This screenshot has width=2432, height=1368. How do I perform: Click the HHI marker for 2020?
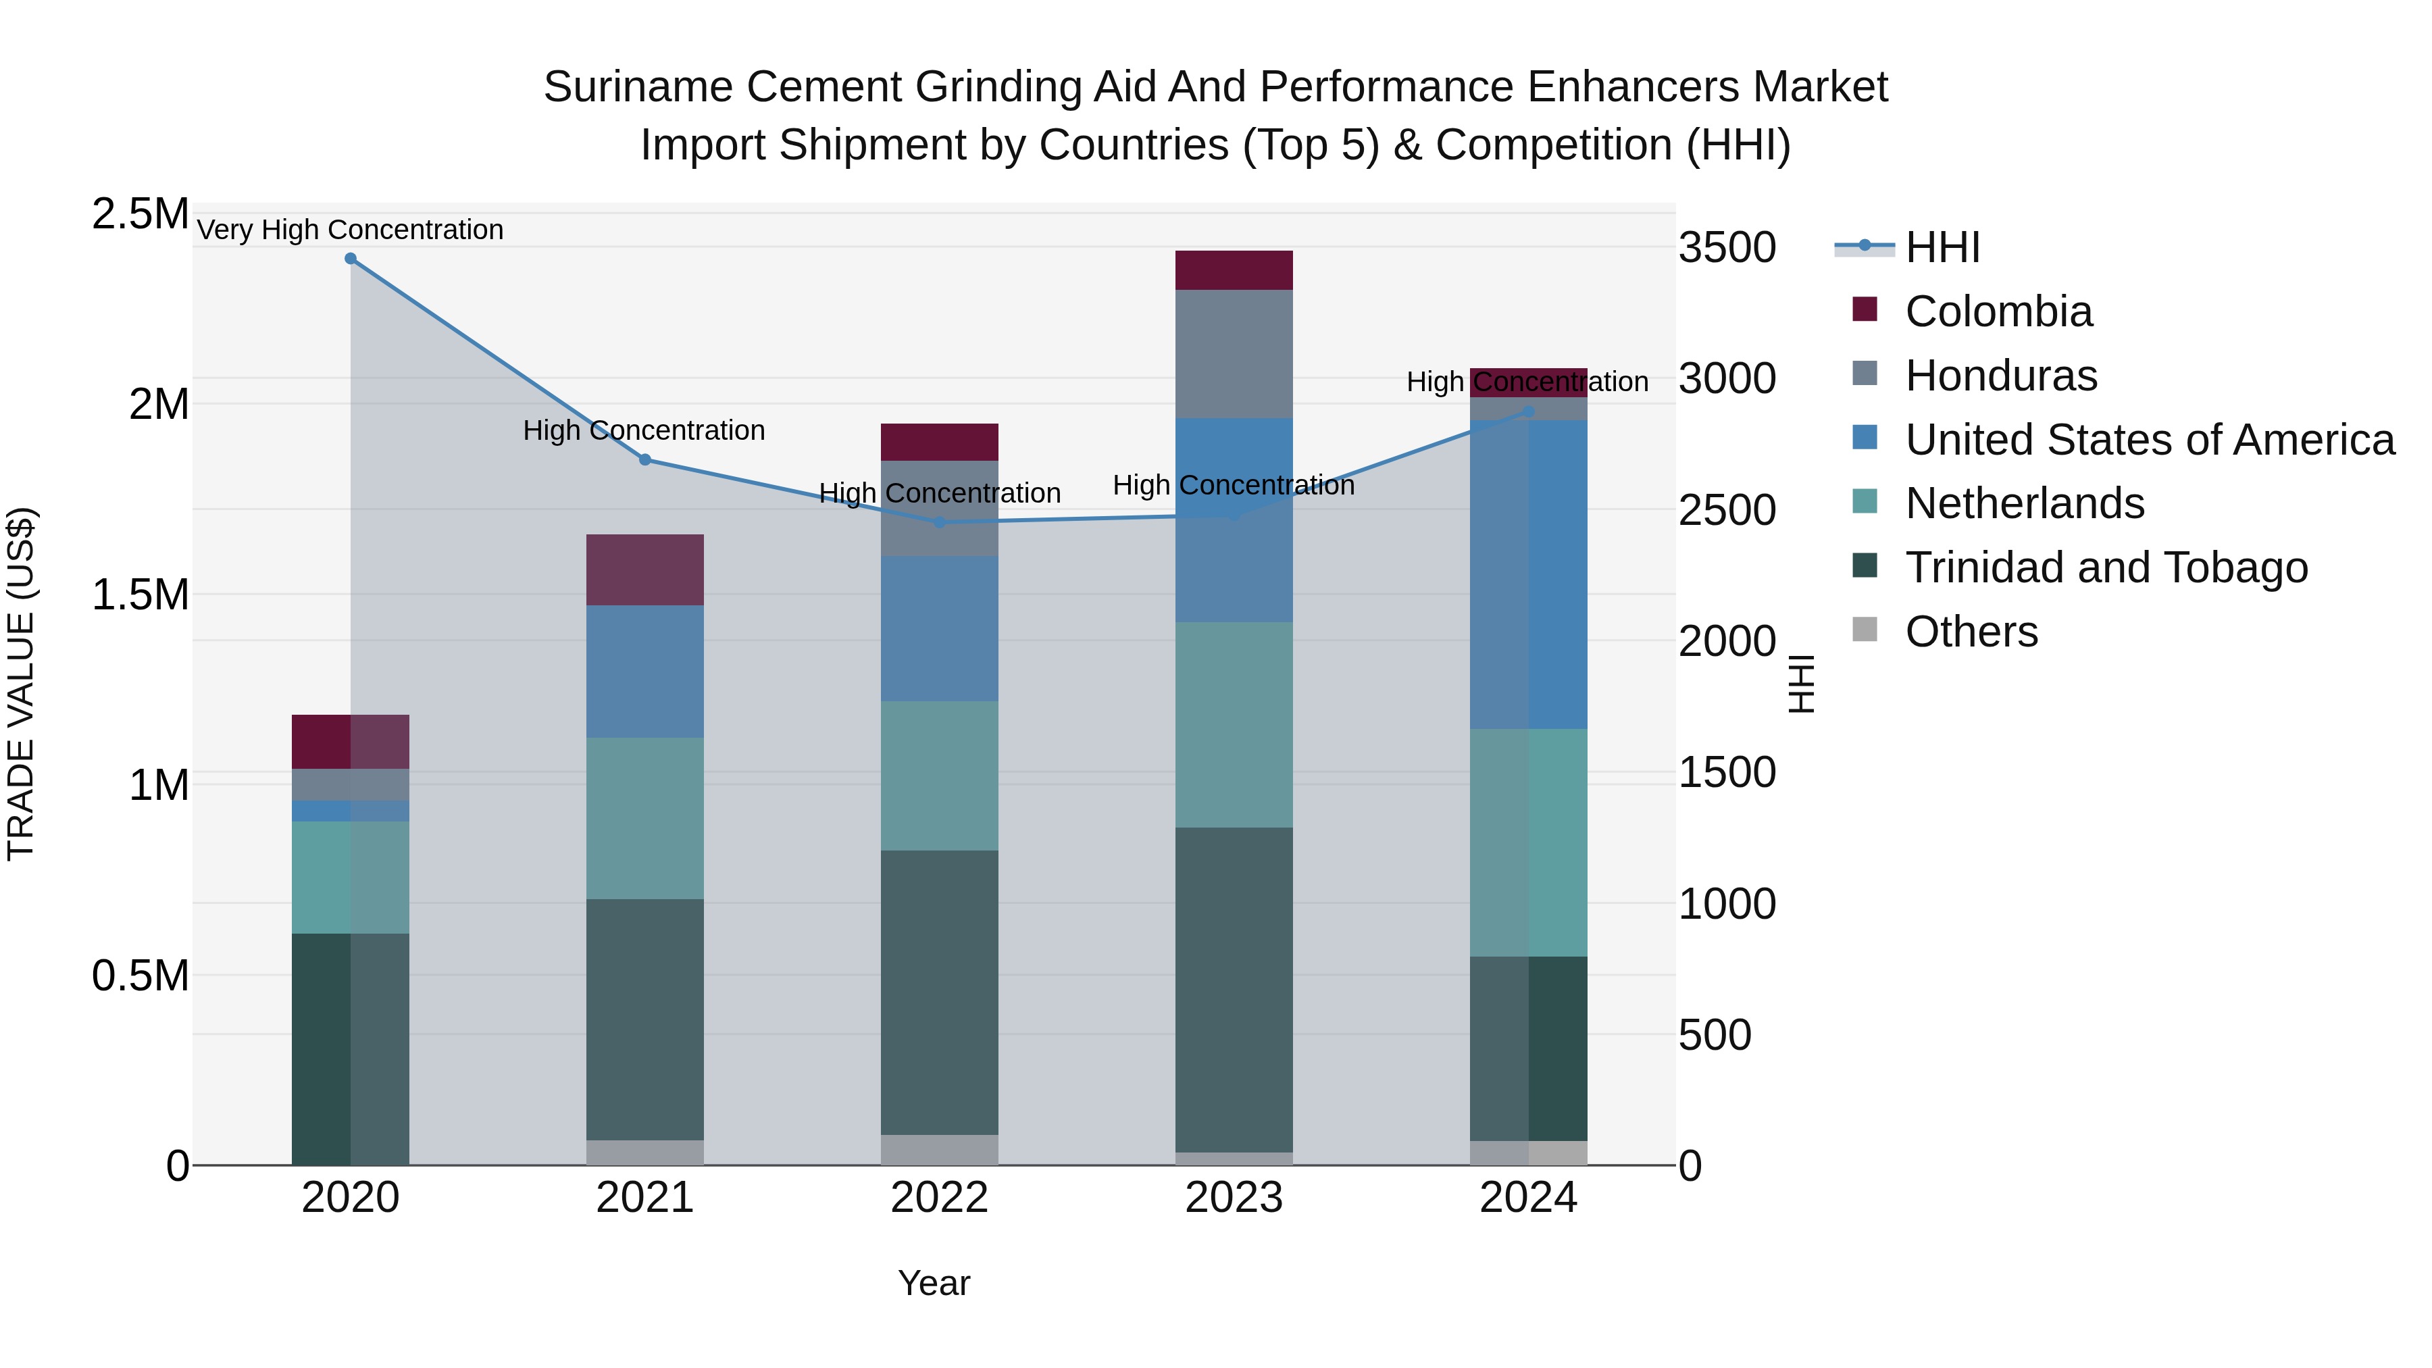tap(350, 259)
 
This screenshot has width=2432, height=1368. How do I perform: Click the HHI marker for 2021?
tap(645, 460)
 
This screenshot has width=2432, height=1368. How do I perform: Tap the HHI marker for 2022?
tap(940, 522)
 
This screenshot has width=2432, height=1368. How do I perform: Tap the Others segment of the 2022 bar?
tap(940, 1149)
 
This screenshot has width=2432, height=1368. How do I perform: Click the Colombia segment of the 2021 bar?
tap(645, 569)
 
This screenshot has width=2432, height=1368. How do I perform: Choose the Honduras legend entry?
tap(2000, 376)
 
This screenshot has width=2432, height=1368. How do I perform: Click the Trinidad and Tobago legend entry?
tap(2105, 567)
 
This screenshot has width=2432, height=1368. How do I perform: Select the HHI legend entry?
tap(1942, 247)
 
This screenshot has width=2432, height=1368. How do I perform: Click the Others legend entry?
tap(1971, 632)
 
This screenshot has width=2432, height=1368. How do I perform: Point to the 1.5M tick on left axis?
tap(140, 594)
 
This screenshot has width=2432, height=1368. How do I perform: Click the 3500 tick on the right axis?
tap(1727, 247)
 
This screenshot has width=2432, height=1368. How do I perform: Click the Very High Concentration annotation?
tap(350, 230)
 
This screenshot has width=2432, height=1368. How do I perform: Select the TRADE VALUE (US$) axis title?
tap(21, 684)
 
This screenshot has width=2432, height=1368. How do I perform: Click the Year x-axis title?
tap(934, 1283)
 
